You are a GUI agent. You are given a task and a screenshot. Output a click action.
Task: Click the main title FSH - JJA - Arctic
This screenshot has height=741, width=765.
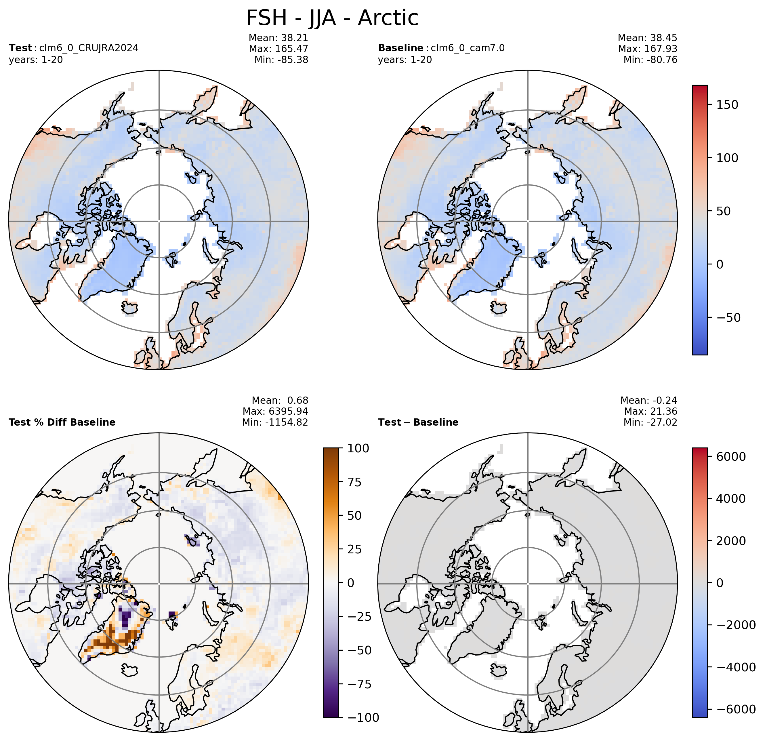point(332,18)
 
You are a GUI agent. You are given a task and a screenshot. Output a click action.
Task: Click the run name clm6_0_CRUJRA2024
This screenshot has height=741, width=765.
point(89,48)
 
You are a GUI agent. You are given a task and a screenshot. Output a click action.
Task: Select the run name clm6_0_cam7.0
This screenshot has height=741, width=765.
point(468,48)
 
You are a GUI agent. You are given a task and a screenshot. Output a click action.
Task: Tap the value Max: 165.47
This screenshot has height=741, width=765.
point(278,49)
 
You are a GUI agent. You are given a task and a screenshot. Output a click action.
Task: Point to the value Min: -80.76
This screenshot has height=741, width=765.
point(650,60)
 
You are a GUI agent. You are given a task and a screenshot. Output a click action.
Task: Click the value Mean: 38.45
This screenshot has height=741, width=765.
point(648,38)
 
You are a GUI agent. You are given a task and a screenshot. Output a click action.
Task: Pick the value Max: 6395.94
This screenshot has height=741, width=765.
point(275,411)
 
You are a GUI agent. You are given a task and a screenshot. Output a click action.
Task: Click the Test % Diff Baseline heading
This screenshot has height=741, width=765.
point(62,422)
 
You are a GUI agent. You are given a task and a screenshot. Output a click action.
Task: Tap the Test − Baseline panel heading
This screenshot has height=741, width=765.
point(418,422)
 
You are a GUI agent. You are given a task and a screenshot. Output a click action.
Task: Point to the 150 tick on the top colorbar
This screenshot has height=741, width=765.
point(727,105)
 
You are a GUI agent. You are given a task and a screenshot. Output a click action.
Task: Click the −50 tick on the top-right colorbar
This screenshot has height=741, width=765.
point(728,317)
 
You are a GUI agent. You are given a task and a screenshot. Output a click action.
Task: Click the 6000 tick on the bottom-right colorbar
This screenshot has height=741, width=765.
point(731,456)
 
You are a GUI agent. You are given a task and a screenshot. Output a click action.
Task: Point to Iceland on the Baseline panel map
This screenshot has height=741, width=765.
point(499,307)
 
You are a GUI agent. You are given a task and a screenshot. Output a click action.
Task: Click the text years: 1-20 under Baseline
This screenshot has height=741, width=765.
point(405,60)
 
